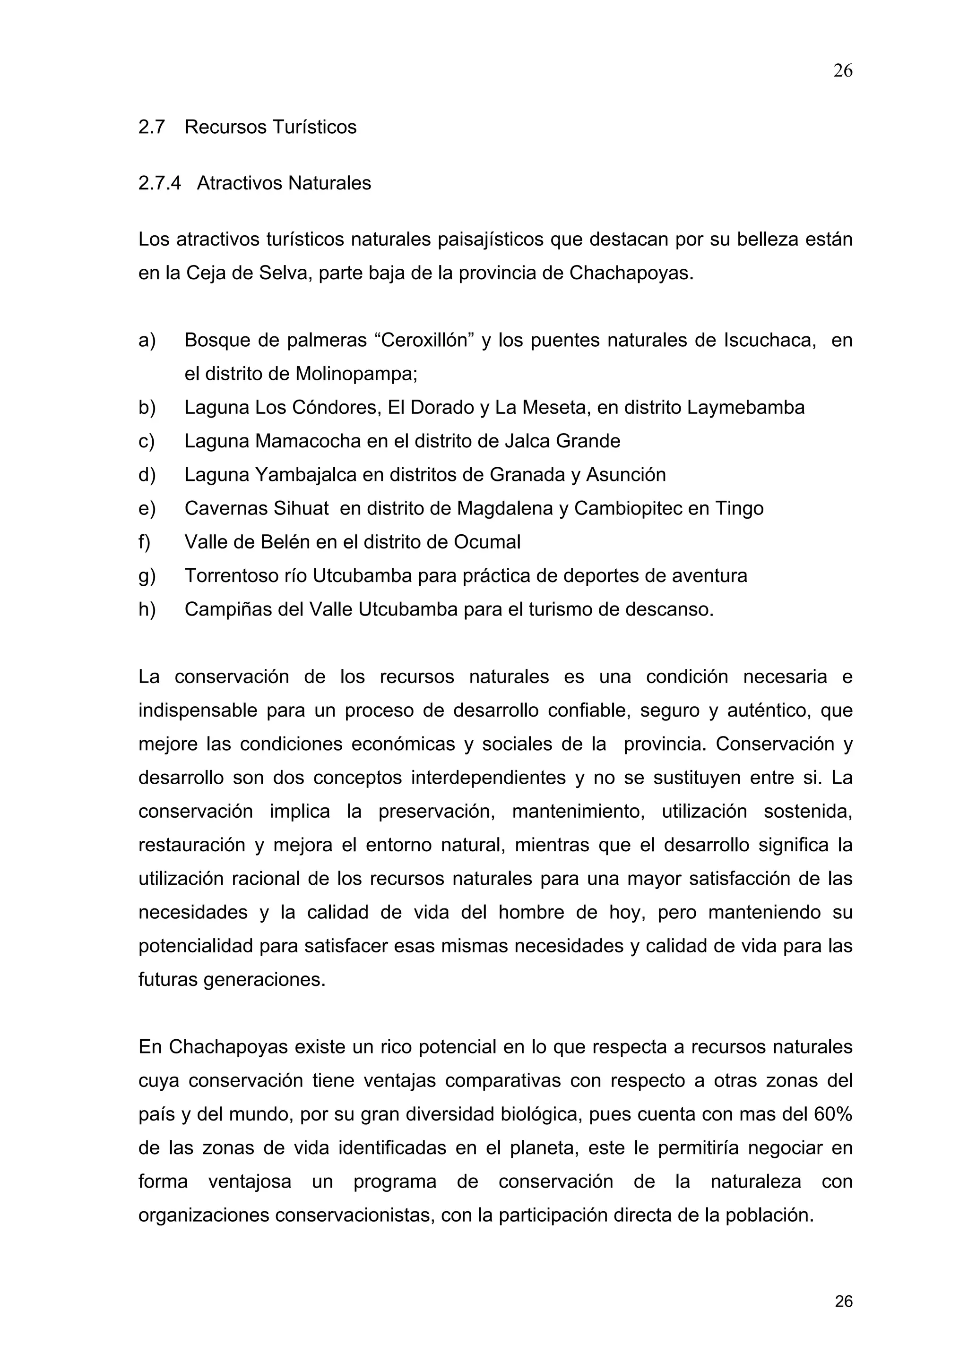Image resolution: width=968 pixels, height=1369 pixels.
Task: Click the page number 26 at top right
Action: pyautogui.click(x=842, y=71)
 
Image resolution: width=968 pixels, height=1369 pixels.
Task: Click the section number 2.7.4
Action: pyautogui.click(x=159, y=183)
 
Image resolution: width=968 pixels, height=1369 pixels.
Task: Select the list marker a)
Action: pyautogui.click(x=147, y=341)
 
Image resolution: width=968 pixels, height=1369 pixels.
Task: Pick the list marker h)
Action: pyautogui.click(x=147, y=609)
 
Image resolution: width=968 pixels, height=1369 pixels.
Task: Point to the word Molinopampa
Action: pyautogui.click(x=355, y=374)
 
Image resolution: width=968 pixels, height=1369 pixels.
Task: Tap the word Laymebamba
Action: pyautogui.click(x=745, y=408)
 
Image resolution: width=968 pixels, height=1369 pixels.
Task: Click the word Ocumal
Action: pyautogui.click(x=487, y=542)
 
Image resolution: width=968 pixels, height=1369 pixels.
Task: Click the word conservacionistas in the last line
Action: pyautogui.click(x=354, y=1215)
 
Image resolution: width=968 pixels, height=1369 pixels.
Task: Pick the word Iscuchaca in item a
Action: pyautogui.click(x=769, y=341)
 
